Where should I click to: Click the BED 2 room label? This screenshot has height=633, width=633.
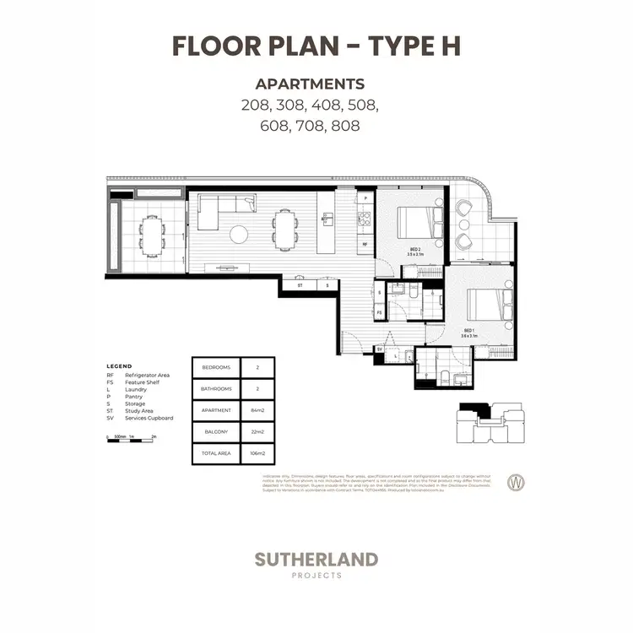[x=415, y=251]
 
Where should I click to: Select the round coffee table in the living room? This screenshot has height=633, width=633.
[x=239, y=234]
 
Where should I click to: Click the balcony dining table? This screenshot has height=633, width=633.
[x=153, y=235]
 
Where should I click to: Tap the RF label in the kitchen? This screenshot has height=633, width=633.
[x=365, y=244]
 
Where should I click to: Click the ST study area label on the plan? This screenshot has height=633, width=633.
[x=300, y=286]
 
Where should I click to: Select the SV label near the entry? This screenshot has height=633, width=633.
[x=381, y=348]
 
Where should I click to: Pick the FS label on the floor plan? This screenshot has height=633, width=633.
[x=380, y=312]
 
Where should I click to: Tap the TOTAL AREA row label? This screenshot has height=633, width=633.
[x=217, y=454]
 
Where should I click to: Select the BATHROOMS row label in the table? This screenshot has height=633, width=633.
[x=217, y=389]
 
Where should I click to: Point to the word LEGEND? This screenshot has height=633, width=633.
[x=119, y=365]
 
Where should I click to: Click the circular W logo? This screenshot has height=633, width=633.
[x=513, y=483]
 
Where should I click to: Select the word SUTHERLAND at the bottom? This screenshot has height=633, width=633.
[x=316, y=559]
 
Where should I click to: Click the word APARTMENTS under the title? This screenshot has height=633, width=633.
[x=310, y=84]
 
